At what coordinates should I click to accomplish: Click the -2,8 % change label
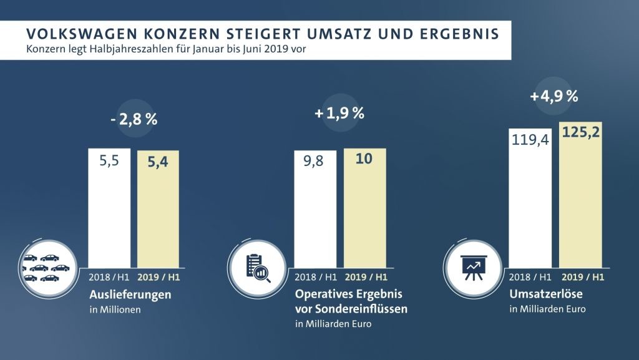[134, 119]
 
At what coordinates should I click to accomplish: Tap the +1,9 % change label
[339, 113]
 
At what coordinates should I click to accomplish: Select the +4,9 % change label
[554, 96]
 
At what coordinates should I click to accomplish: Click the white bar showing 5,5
[109, 208]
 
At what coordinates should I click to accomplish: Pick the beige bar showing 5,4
[158, 209]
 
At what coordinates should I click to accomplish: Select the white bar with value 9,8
[315, 209]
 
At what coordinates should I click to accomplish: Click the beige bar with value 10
[364, 208]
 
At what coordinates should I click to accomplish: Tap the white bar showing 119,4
[530, 198]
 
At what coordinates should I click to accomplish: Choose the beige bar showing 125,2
[580, 195]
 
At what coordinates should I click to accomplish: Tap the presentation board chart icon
[473, 268]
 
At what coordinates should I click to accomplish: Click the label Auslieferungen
[130, 294]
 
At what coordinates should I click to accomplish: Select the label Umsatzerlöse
[545, 294]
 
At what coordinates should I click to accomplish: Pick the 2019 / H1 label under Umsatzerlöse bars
[583, 277]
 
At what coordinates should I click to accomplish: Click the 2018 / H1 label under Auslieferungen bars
[109, 277]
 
